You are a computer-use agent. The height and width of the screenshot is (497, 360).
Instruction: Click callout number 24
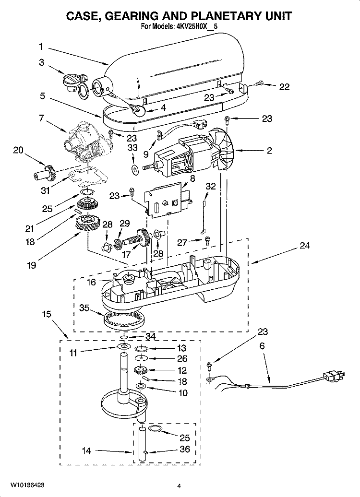304,246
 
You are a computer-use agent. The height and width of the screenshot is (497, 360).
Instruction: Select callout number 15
46,315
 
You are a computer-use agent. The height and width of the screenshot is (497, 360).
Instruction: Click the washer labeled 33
134,168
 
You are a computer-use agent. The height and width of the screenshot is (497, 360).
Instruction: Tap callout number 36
184,450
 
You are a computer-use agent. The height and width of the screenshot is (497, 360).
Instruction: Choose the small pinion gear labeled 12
140,370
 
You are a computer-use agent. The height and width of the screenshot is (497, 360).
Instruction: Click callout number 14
86,450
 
